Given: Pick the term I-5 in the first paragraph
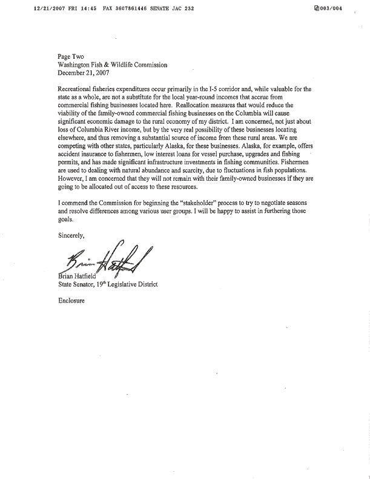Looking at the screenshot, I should (210, 89).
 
